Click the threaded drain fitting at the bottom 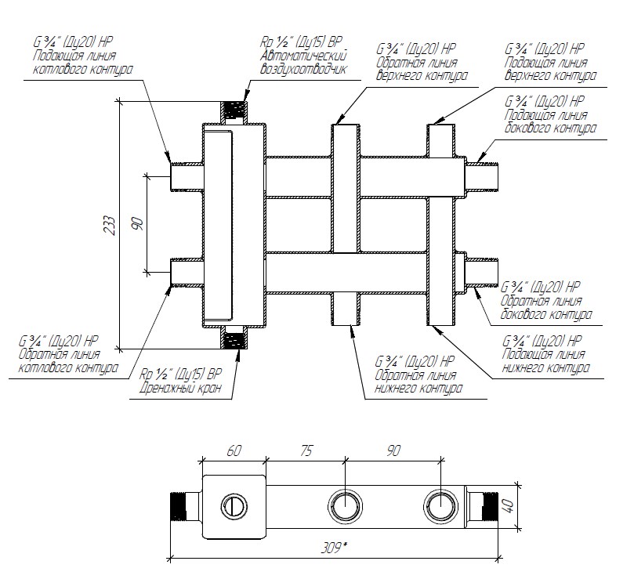click(x=234, y=340)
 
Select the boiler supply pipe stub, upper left click(x=186, y=176)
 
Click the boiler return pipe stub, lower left click(x=186, y=272)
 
